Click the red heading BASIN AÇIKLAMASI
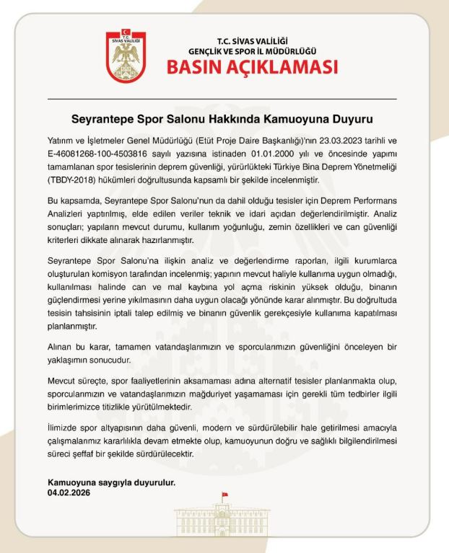pos(253,68)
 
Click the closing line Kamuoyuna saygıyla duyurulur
pos(111,483)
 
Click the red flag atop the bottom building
pos(224,496)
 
